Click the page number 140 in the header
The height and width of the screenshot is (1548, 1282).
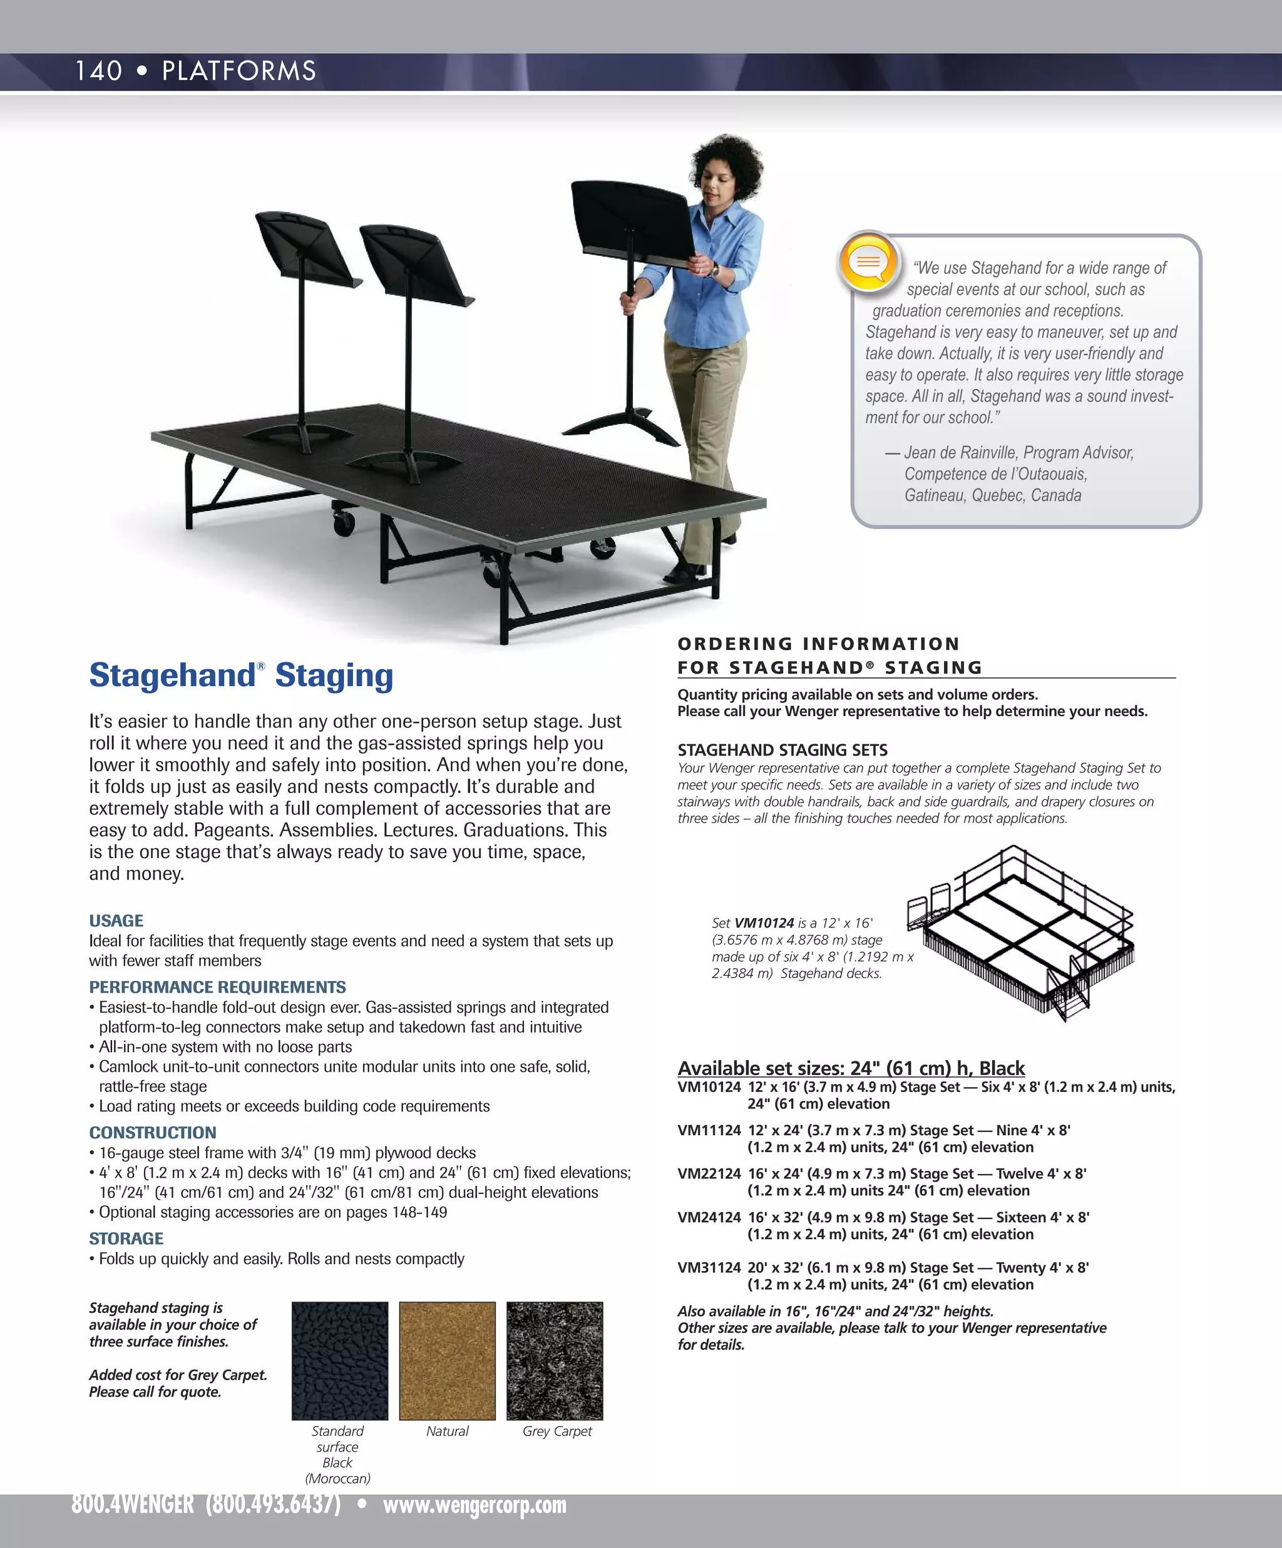98,71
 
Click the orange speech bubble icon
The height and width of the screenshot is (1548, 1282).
868,261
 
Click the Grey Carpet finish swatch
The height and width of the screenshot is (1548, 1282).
554,1360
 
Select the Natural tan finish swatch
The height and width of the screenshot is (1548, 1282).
447,1360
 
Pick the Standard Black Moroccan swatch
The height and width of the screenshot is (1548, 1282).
339,1360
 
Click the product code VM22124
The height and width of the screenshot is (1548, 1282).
708,1173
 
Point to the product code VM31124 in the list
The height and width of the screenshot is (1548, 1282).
708,1267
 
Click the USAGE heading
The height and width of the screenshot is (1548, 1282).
116,921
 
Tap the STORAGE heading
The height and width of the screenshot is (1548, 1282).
126,1238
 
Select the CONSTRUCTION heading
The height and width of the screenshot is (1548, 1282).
153,1132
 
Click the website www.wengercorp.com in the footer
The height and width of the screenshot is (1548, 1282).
474,1504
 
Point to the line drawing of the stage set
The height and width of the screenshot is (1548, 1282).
1022,933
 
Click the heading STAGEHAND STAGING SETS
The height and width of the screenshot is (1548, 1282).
782,750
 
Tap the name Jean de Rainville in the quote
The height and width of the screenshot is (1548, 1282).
960,453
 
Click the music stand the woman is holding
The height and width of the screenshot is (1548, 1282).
634,221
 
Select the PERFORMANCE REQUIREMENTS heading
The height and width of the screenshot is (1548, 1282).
217,987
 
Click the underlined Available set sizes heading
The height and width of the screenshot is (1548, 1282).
851,1068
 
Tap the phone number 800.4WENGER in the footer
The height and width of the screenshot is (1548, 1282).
133,1504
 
